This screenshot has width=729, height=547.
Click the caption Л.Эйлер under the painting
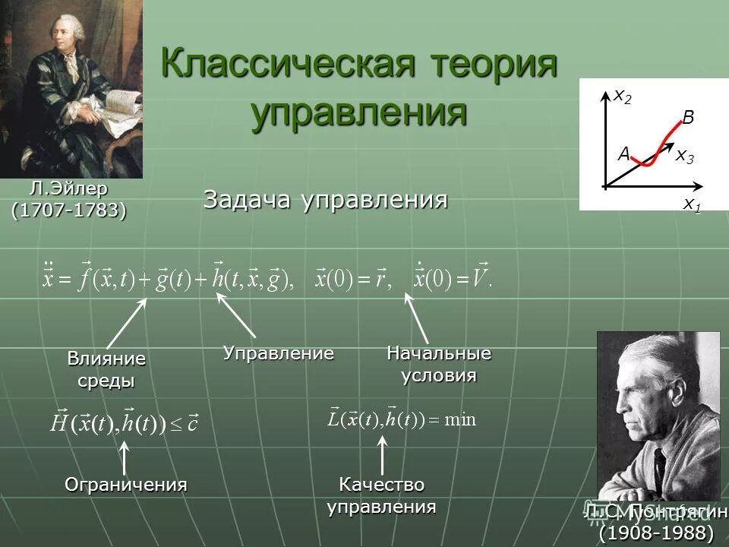(x=69, y=188)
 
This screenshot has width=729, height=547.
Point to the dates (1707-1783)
(x=68, y=209)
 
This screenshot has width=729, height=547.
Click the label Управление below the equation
(x=278, y=353)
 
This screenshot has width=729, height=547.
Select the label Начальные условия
(x=439, y=365)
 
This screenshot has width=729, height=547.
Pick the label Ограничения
(x=125, y=484)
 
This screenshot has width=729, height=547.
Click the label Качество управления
(x=381, y=495)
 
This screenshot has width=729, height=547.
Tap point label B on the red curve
(x=688, y=117)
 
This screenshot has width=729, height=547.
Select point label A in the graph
(x=623, y=154)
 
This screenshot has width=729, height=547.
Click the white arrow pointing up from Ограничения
(x=124, y=457)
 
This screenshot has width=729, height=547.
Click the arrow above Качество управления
(x=381, y=456)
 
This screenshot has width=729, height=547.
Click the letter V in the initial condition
(x=479, y=280)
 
